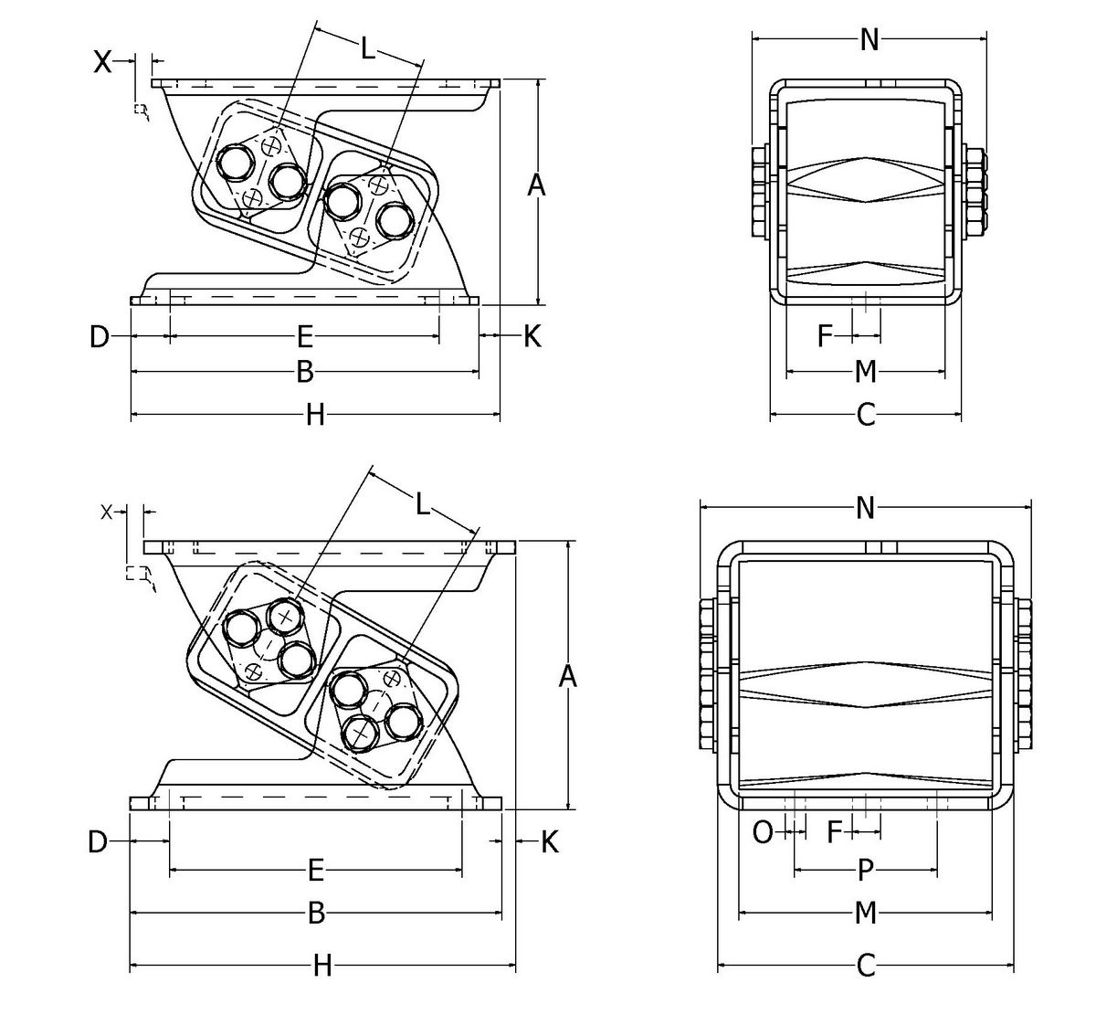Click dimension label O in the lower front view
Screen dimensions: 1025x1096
pos(762,832)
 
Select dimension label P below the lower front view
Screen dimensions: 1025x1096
pos(866,871)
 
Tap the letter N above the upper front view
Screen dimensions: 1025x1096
pos(869,39)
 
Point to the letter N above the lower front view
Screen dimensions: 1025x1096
pos(866,508)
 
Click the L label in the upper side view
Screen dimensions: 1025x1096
pos(367,48)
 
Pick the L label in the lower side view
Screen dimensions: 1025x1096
pos(422,503)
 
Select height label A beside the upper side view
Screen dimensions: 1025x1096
pos(537,185)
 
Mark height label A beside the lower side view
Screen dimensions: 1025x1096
pos(567,677)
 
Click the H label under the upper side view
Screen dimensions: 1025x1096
pos(315,417)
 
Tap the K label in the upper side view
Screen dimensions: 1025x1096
pos(532,336)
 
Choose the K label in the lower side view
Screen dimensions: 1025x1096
pos(549,841)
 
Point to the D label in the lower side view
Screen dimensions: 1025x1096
pos(98,841)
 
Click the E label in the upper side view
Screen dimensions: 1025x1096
pos(305,338)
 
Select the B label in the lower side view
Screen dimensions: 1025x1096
pos(316,914)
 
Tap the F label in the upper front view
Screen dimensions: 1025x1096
pos(826,337)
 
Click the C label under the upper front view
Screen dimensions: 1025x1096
pos(866,417)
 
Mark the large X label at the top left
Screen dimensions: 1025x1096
pos(104,61)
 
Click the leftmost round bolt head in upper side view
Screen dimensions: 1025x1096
pos(235,164)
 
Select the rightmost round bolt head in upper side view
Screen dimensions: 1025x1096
pos(395,220)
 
